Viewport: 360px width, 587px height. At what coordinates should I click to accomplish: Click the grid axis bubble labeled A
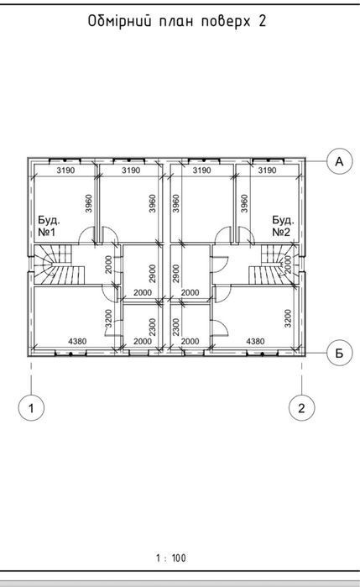click(339, 161)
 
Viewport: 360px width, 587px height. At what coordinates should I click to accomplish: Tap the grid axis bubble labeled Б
click(339, 353)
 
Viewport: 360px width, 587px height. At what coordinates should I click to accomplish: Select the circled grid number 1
click(31, 407)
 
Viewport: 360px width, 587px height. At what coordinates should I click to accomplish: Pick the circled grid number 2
click(301, 407)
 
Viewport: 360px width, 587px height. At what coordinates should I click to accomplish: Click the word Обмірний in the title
click(120, 21)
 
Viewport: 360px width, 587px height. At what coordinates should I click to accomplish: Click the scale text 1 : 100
click(170, 558)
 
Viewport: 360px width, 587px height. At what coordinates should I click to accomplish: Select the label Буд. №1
click(49, 226)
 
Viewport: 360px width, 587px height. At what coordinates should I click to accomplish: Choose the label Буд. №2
click(283, 226)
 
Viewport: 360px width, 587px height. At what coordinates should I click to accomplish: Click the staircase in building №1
click(60, 265)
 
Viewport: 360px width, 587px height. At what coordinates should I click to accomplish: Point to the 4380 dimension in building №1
click(77, 341)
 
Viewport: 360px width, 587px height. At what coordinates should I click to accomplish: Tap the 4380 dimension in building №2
click(255, 341)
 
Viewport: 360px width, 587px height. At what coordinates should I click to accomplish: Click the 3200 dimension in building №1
click(108, 318)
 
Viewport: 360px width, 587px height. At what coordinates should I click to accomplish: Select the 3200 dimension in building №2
click(288, 318)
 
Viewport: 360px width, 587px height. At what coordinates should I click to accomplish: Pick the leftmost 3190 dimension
click(65, 170)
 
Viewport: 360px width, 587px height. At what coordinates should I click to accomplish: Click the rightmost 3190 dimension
click(267, 170)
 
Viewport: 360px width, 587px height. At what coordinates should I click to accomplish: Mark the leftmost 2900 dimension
click(153, 274)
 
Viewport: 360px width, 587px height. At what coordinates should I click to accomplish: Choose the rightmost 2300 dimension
click(176, 327)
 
